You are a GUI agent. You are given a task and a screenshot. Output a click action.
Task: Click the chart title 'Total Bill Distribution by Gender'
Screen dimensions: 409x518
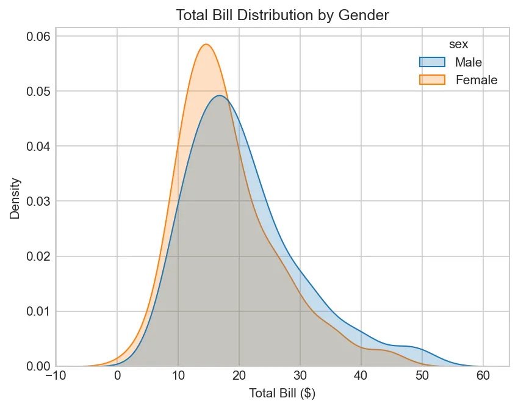[282, 15]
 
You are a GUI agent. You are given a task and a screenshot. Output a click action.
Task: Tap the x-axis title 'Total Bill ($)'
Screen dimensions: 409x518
[282, 394]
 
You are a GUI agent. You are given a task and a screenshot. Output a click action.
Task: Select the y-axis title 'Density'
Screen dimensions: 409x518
[16, 198]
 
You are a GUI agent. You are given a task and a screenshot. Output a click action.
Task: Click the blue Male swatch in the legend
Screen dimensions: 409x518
[433, 62]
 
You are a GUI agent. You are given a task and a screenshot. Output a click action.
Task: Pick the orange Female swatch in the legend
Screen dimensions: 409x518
[433, 79]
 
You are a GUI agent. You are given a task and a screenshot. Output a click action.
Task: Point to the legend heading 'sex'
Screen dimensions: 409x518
[458, 45]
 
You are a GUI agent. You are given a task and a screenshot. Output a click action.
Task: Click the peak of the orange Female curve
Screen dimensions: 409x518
[206, 44]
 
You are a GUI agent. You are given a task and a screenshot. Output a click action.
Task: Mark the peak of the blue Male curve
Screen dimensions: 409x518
[220, 96]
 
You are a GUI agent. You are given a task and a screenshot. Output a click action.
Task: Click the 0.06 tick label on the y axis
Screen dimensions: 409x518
[38, 36]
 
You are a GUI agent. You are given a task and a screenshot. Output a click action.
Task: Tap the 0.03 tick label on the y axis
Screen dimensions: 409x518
[38, 201]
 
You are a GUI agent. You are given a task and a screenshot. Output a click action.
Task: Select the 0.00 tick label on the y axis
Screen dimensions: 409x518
[38, 366]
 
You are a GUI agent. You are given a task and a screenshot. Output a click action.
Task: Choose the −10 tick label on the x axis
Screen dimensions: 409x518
[56, 377]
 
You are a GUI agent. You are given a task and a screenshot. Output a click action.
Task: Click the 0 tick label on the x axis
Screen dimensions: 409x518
[117, 377]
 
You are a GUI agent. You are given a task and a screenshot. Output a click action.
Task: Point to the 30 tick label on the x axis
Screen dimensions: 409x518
[300, 377]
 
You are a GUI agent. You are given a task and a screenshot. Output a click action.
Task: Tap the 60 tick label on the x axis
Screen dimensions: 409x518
[483, 377]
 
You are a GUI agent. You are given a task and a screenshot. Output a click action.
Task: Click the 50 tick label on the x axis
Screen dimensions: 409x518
[422, 377]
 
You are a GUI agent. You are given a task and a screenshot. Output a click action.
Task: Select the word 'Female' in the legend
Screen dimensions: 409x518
[477, 80]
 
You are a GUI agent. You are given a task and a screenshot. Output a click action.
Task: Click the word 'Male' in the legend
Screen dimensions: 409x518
[469, 62]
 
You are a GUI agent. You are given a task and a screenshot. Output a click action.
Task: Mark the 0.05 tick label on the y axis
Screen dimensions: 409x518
[38, 91]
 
